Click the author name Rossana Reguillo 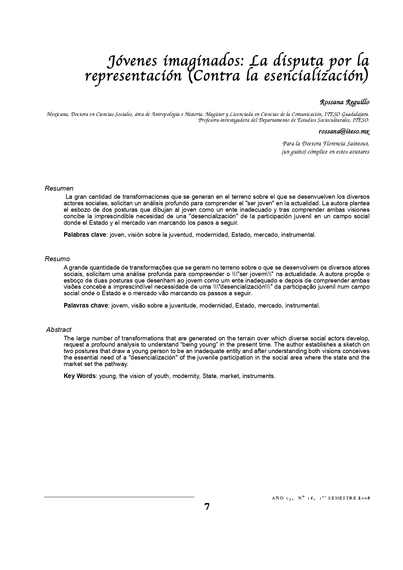pyautogui.click(x=344, y=102)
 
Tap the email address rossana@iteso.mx pyautogui.click(x=344, y=132)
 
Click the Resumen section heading pyautogui.click(x=59, y=188)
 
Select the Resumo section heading pyautogui.click(x=57, y=259)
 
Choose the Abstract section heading pyautogui.click(x=59, y=330)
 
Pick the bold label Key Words pyautogui.click(x=80, y=376)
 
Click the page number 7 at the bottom pyautogui.click(x=207, y=507)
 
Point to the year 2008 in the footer pyautogui.click(x=364, y=498)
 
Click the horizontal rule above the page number pyautogui.click(x=119, y=497)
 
